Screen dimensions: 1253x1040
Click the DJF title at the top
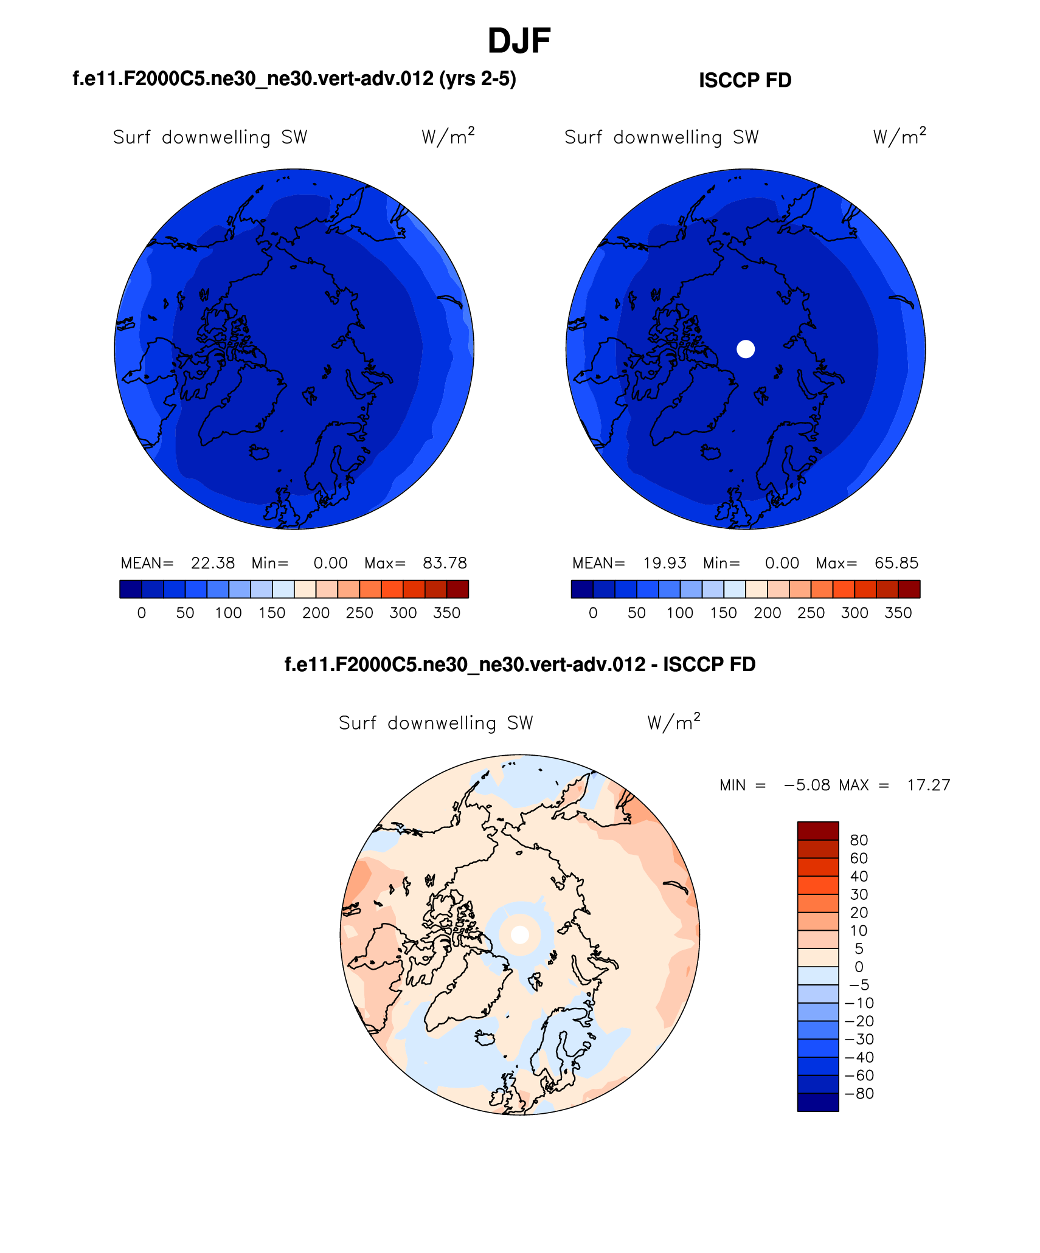519,41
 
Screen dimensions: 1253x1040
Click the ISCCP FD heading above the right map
745,80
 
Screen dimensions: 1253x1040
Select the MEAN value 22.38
213,563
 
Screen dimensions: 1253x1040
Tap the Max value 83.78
445,563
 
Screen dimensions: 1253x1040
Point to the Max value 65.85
896,563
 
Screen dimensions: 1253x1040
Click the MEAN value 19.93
665,563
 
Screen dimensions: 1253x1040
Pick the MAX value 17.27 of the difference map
929,785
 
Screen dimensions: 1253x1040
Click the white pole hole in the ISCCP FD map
746,349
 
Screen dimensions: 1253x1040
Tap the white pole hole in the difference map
520,934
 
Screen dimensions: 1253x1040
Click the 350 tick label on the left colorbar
446,613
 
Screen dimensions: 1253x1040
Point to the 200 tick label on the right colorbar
768,613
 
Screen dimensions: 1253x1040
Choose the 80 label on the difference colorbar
859,840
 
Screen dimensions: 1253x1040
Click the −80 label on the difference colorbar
859,1093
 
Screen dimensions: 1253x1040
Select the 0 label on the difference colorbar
859,967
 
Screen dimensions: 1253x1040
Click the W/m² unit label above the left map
448,136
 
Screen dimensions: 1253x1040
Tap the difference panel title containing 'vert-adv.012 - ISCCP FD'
520,664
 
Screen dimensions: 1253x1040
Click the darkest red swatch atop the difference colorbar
818,831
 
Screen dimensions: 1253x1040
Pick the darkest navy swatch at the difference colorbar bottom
818,1102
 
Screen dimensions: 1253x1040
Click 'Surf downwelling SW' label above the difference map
435,723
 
